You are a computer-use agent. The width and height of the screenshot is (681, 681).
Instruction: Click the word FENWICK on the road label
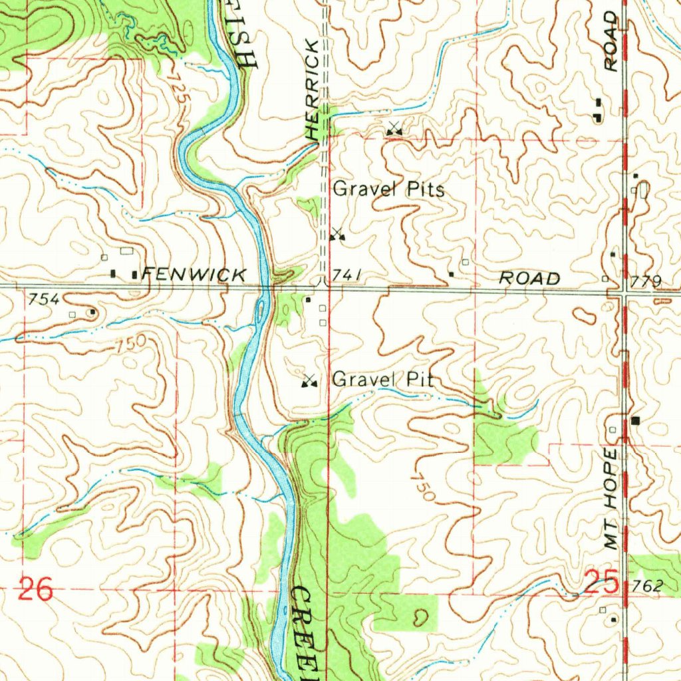(x=194, y=274)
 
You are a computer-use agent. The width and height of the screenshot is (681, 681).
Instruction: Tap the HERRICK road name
(x=313, y=90)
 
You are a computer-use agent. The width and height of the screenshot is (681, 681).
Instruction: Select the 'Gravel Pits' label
(x=388, y=189)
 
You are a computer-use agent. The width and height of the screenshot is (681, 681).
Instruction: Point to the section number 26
(x=35, y=590)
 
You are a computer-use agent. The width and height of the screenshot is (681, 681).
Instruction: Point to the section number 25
(x=602, y=585)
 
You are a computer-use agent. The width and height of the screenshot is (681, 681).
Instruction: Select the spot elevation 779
(x=647, y=283)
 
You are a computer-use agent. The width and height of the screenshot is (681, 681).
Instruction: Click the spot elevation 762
(x=648, y=586)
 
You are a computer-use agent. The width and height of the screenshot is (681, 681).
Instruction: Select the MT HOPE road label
(x=611, y=499)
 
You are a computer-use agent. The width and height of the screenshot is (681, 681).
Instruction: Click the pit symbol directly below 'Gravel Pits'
(x=338, y=233)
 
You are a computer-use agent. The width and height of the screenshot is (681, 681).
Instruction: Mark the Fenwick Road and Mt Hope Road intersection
(x=625, y=291)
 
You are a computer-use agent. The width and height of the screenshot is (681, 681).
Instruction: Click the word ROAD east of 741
(x=529, y=278)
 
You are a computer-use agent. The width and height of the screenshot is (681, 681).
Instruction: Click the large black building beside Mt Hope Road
(x=636, y=420)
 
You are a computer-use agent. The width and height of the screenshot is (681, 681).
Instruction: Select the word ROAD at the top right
(x=611, y=41)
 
